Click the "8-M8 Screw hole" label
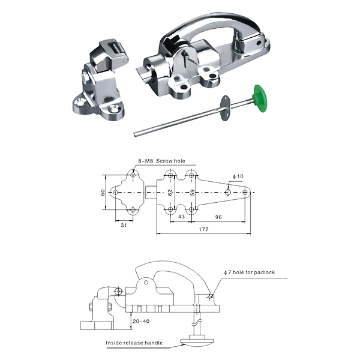point(161,161)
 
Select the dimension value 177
point(203,229)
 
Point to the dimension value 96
point(218,217)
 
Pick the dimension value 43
point(181,217)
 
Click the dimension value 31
point(124,225)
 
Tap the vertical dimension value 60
point(103,193)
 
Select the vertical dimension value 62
point(170,193)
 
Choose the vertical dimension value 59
point(193,193)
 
